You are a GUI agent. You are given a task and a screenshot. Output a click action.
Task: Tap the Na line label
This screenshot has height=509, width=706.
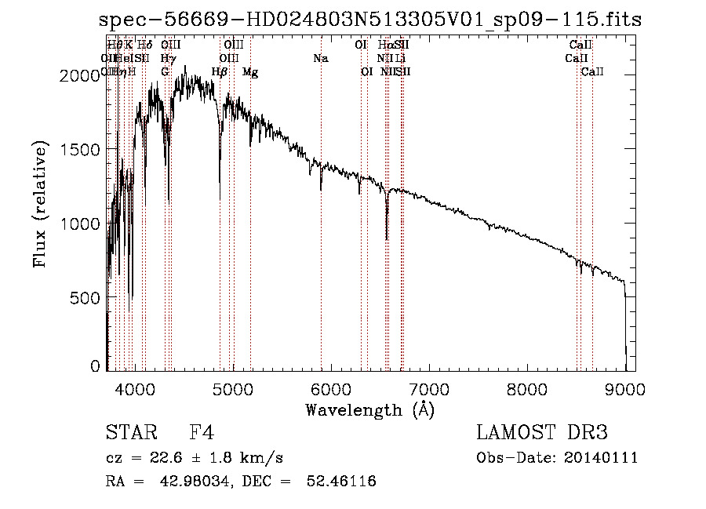[320, 58]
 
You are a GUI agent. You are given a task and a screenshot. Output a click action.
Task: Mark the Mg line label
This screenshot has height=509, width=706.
[250, 72]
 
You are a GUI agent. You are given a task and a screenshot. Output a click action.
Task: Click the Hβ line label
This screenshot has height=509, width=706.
[220, 72]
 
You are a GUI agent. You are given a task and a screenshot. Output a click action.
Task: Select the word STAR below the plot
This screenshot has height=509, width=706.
[126, 433]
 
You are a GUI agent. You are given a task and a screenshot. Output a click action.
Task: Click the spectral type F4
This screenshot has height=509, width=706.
[202, 433]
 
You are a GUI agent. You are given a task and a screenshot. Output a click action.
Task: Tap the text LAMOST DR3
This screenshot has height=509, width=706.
[542, 433]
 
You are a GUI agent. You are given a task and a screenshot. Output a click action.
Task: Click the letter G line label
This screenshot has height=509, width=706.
[165, 72]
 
